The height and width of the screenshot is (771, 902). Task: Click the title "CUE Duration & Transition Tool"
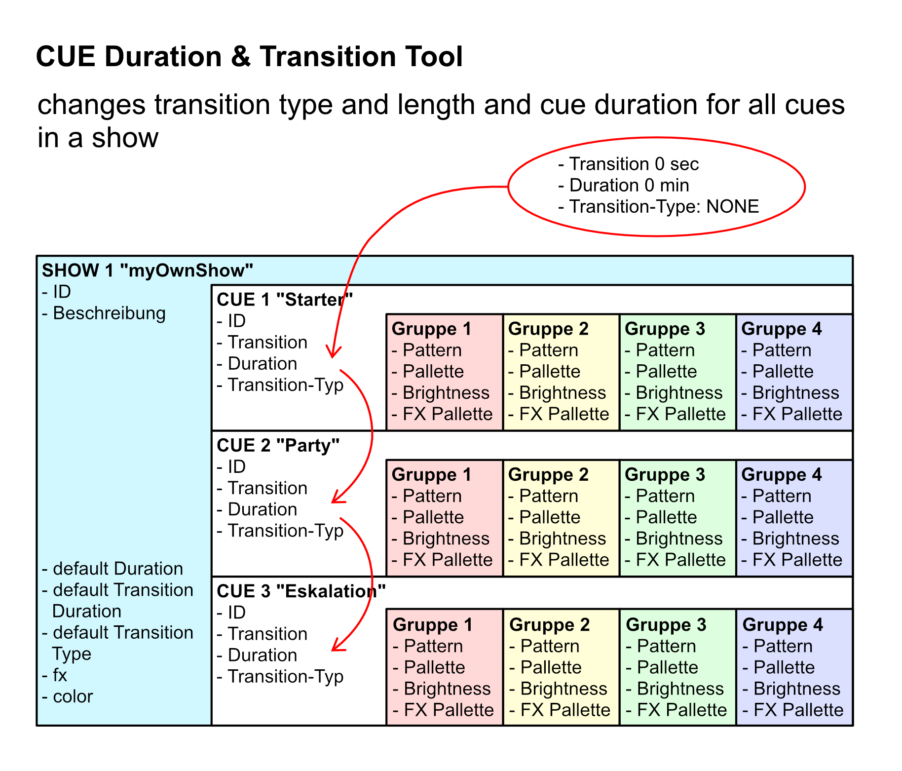249,57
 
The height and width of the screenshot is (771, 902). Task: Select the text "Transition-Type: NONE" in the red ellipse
663,206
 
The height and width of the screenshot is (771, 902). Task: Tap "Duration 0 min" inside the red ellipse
629,185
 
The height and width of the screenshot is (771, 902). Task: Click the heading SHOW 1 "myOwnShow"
147,270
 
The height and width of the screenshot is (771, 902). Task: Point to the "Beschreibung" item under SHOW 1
109,313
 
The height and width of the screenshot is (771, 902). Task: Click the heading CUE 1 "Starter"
285,300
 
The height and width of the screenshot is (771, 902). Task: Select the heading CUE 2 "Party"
278,445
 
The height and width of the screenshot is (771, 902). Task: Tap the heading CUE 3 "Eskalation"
301,591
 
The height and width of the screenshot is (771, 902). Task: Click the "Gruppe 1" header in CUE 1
431,329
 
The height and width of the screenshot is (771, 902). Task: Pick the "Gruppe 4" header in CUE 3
783,624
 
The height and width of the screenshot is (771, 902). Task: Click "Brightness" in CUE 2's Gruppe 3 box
679,539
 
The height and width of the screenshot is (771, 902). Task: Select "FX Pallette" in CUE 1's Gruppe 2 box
564,414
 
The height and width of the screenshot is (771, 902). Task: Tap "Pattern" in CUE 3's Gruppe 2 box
550,646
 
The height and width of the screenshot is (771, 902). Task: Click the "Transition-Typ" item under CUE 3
285,676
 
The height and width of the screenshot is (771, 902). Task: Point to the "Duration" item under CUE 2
262,509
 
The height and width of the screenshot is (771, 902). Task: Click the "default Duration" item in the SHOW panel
117,569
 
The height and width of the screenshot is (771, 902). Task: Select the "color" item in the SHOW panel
73,696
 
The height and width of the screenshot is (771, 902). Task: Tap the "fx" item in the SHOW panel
60,675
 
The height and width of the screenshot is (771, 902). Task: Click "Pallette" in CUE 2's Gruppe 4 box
783,517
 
